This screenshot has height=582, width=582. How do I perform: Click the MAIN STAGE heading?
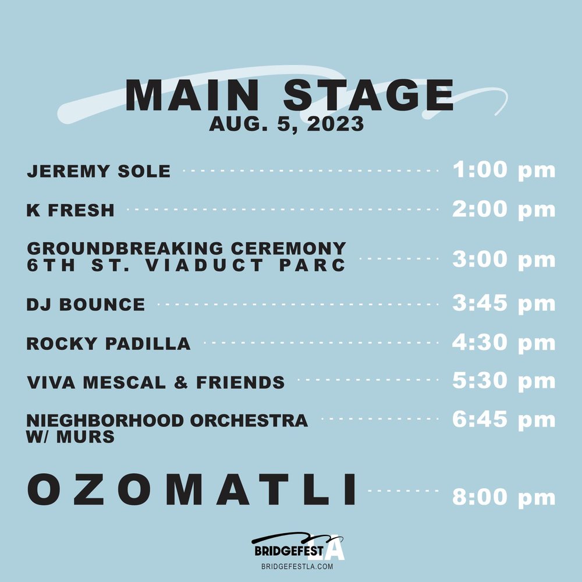[x=289, y=95]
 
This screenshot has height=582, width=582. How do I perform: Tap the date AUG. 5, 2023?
[x=286, y=123]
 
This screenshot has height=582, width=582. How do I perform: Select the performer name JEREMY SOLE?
[x=99, y=171]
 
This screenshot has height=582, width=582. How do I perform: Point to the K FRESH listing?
[x=70, y=210]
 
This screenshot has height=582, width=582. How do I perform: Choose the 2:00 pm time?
[x=503, y=209]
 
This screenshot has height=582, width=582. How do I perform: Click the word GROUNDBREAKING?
[x=125, y=249]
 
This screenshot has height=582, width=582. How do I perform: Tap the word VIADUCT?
[x=204, y=265]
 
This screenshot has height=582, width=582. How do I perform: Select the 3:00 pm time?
[x=503, y=259]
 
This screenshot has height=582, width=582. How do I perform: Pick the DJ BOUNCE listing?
[x=86, y=305]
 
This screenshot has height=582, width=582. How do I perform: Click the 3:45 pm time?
[x=503, y=303]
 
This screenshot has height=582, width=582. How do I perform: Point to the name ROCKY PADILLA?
[x=108, y=344]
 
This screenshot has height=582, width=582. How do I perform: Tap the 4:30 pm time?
[x=503, y=342]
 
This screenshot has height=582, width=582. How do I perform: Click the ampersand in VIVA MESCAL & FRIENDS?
[x=181, y=383]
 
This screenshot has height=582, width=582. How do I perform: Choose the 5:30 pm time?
[x=503, y=381]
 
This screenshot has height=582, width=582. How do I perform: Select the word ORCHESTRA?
[x=249, y=421]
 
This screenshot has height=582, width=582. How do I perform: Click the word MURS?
[x=85, y=436]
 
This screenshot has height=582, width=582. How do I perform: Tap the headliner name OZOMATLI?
[x=191, y=489]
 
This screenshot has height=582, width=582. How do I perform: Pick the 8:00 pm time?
[x=503, y=497]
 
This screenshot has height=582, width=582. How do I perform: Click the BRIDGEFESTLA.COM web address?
[x=297, y=566]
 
